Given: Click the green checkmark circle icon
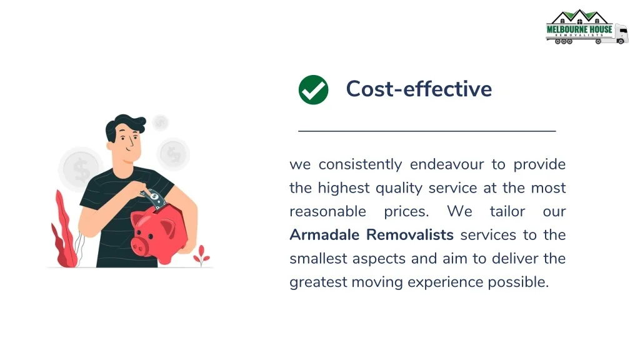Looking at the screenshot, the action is click(313, 90).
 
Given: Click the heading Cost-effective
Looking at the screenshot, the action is click(419, 89).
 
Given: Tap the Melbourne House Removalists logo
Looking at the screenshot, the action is click(586, 27).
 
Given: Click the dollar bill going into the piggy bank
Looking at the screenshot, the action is click(154, 198).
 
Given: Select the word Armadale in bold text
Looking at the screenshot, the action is click(324, 235).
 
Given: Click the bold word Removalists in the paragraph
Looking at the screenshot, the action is click(410, 235).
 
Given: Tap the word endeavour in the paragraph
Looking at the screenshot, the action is click(447, 164).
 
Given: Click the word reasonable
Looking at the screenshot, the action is click(327, 211).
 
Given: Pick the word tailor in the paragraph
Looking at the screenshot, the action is click(507, 211).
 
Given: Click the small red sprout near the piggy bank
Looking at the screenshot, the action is click(201, 256).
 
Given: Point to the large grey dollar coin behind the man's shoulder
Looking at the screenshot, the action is click(81, 169).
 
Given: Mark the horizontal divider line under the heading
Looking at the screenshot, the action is click(427, 131).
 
